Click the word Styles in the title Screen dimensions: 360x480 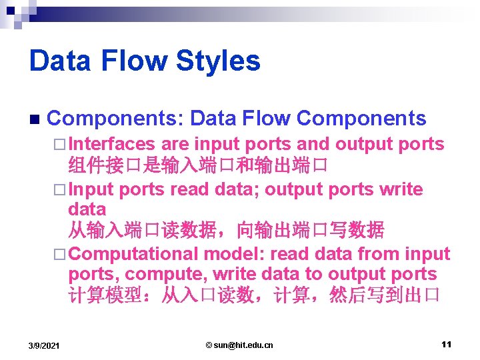[x=218, y=61]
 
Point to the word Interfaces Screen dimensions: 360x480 [x=111, y=144]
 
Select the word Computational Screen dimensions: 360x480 [x=133, y=254]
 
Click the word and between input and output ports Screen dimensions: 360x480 [x=313, y=144]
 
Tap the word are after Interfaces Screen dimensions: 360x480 [x=175, y=144]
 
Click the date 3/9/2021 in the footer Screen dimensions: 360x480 [x=44, y=345]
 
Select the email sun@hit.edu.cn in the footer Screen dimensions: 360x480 [x=239, y=345]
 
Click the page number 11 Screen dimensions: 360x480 [x=446, y=344]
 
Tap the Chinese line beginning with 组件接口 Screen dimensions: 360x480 [x=197, y=165]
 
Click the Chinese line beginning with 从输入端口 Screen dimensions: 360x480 [x=226, y=231]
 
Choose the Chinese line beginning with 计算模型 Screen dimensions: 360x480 [x=253, y=295]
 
